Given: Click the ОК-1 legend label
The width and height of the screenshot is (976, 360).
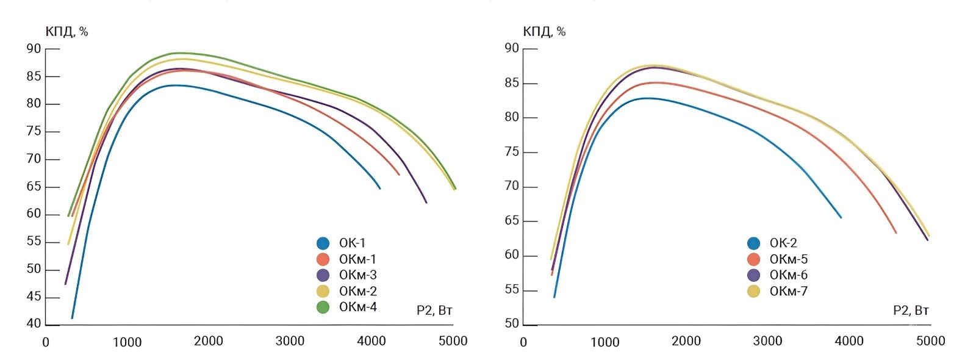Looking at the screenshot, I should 352,243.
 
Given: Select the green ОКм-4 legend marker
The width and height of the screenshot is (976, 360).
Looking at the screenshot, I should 323,307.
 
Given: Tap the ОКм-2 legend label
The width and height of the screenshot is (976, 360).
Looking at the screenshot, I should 357,291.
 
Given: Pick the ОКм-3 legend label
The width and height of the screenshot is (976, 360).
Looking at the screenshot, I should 357,275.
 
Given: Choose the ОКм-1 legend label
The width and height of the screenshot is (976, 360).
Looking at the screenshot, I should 357,259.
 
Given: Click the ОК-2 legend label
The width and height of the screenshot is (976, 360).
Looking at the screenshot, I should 783,243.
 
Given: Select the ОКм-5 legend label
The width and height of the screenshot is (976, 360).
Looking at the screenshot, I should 788,259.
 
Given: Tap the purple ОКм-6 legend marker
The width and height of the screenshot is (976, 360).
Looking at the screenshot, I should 753,275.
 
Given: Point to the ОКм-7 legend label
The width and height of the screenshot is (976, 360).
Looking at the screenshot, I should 788,291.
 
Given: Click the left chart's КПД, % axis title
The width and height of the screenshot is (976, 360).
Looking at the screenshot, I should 66,32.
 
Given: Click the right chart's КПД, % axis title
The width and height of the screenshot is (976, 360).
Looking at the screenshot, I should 544,32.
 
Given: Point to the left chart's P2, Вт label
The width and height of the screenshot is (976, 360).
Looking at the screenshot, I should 434,311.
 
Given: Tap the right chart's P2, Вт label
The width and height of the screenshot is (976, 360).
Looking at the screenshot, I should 911,311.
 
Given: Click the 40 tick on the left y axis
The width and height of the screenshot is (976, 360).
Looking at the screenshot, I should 34,324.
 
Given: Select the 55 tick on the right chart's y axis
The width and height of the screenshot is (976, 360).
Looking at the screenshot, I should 512,290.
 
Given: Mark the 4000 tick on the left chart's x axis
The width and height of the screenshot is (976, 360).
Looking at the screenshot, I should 371,341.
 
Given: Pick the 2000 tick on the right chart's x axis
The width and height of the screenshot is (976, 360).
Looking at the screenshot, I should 686,341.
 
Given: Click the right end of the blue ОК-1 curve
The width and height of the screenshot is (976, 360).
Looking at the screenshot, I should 380,189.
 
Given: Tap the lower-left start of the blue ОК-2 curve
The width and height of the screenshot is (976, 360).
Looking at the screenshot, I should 554,297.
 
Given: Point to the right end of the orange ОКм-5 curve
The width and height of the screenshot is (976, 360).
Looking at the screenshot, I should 895,232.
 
